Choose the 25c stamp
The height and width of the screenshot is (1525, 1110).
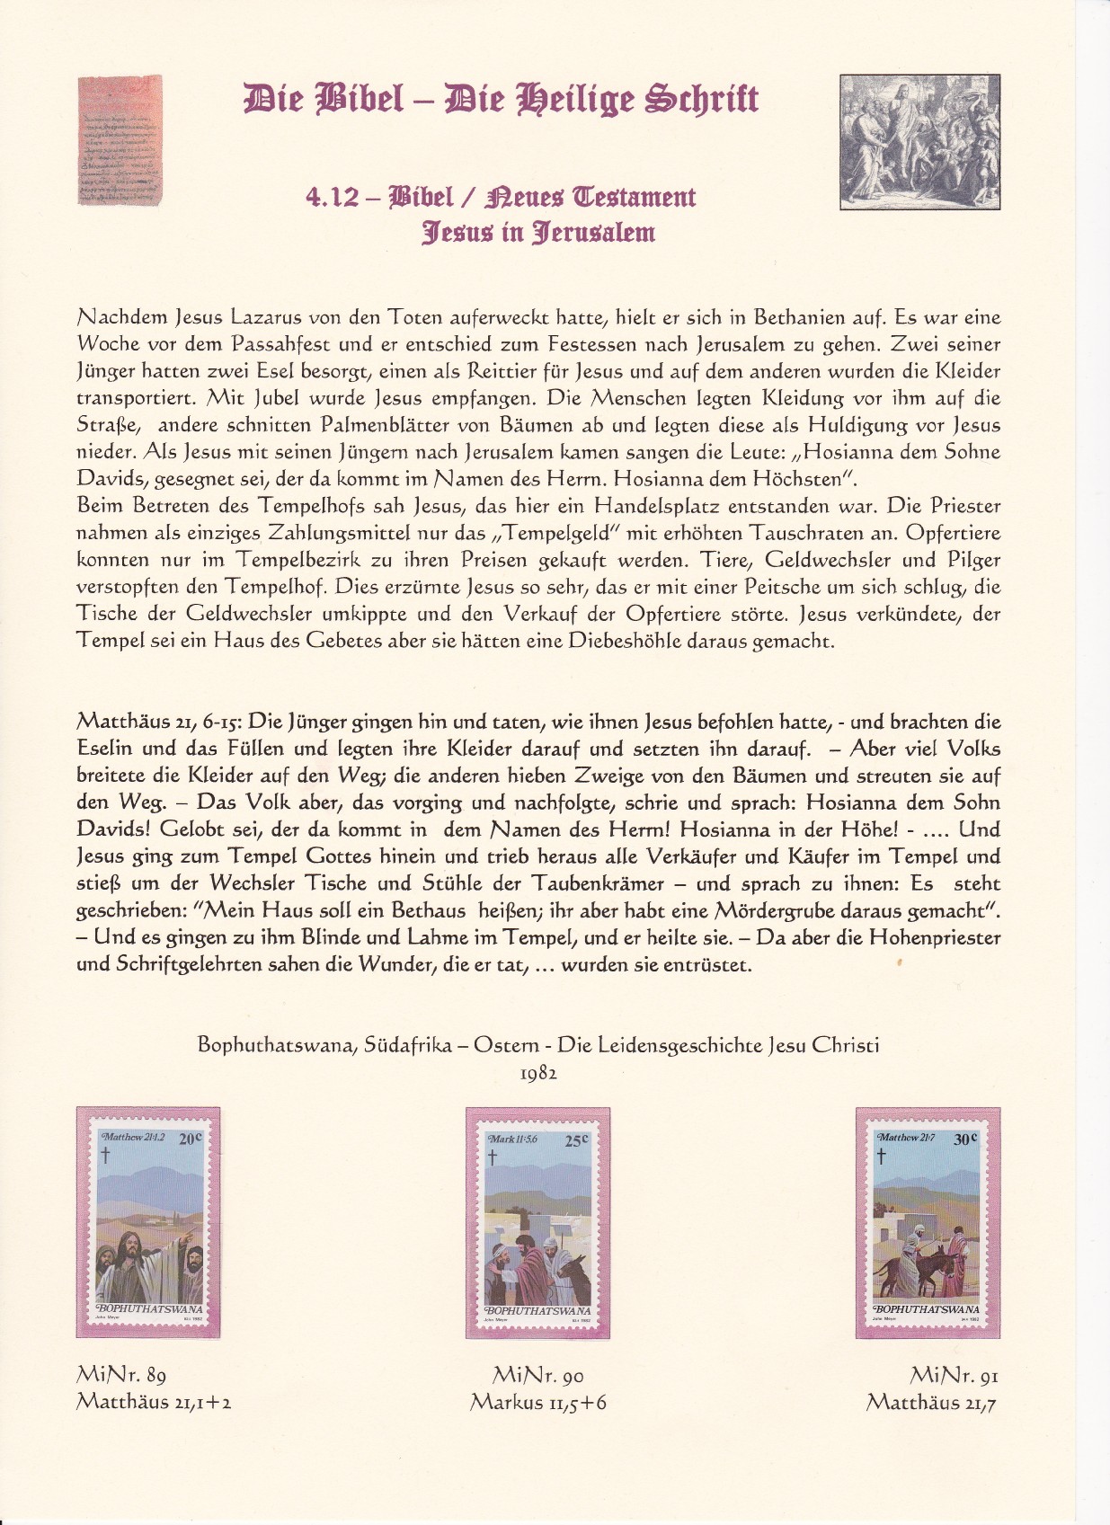[x=537, y=1223]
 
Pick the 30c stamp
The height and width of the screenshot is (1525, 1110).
[x=928, y=1223]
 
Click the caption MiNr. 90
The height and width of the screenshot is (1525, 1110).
[x=537, y=1374]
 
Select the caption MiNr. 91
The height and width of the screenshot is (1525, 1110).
[x=954, y=1374]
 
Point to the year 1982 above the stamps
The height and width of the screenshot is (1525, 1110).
[x=538, y=1073]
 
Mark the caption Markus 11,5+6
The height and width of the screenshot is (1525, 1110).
[x=537, y=1402]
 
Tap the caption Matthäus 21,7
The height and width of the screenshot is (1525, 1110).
[x=930, y=1402]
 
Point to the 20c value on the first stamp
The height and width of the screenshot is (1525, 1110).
[x=191, y=1139]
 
